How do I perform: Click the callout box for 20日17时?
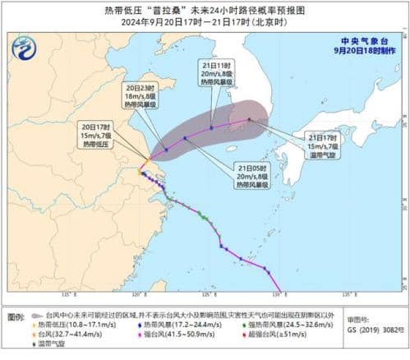point(99,136)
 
